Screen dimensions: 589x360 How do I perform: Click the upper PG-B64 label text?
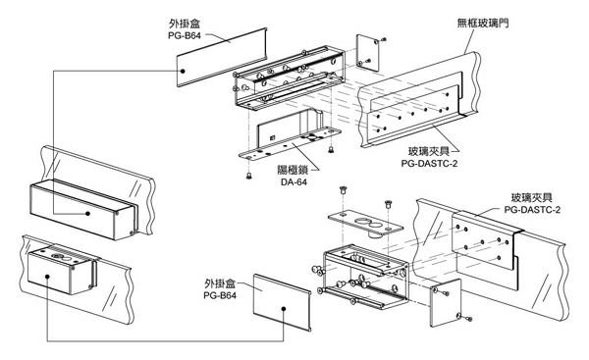pyautogui.click(x=185, y=36)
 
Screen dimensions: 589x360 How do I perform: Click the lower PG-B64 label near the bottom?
pyautogui.click(x=220, y=296)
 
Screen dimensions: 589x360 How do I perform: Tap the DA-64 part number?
pyautogui.click(x=294, y=182)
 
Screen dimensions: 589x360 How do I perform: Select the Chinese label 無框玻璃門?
pyautogui.click(x=483, y=24)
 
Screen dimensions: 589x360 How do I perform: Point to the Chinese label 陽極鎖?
pyautogui.click(x=293, y=170)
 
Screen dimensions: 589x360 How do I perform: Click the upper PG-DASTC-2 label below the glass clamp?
pyautogui.click(x=429, y=164)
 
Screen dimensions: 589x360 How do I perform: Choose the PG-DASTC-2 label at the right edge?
pyautogui.click(x=532, y=210)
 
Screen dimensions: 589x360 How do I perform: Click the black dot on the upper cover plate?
pyautogui.click(x=183, y=71)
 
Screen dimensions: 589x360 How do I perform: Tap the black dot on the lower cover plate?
pyautogui.click(x=284, y=309)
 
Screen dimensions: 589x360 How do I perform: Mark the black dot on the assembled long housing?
pyautogui.click(x=87, y=213)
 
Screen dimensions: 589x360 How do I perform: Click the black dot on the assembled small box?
pyautogui.click(x=47, y=277)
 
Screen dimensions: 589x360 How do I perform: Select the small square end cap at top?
pyautogui.click(x=367, y=53)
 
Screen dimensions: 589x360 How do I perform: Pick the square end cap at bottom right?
pyautogui.click(x=446, y=302)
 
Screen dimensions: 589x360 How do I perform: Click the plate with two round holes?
pyautogui.click(x=365, y=223)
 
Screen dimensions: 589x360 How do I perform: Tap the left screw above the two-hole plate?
pyautogui.click(x=343, y=190)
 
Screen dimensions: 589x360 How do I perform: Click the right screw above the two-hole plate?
pyautogui.click(x=388, y=205)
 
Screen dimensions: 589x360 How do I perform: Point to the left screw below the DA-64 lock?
pyautogui.click(x=248, y=175)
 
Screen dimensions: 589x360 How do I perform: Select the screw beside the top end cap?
pyautogui.click(x=383, y=39)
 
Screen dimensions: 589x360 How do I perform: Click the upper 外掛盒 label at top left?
pyautogui.click(x=185, y=24)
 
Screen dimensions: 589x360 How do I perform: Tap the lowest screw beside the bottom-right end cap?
pyautogui.click(x=468, y=319)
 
